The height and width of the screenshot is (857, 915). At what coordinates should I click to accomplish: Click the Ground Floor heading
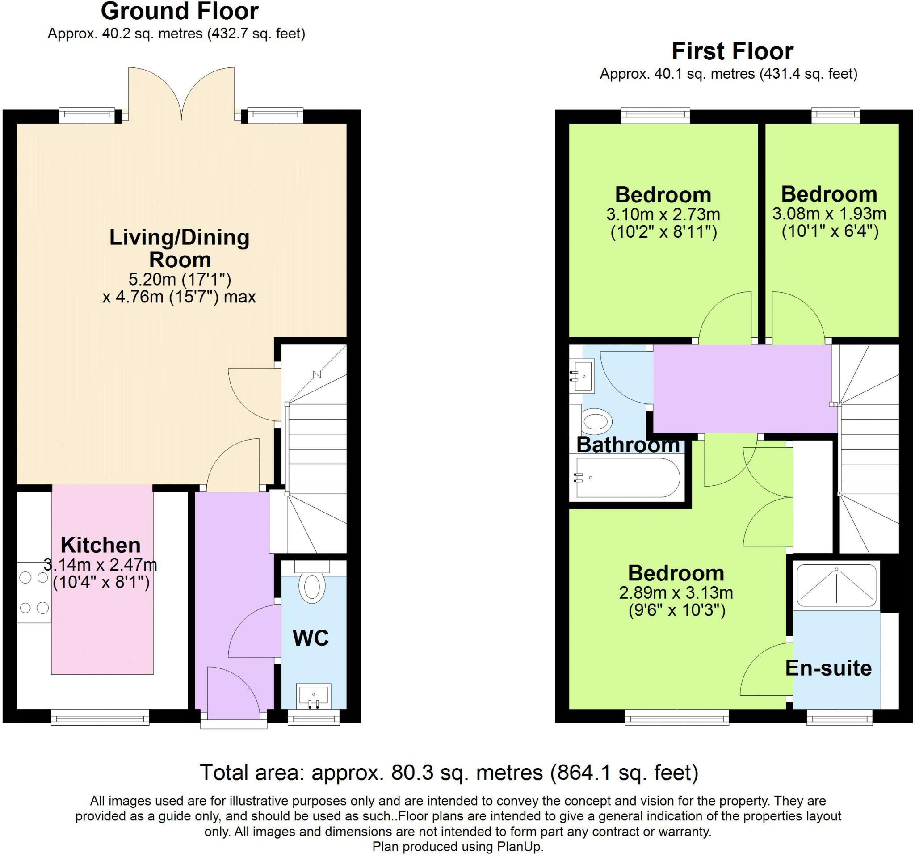point(180,12)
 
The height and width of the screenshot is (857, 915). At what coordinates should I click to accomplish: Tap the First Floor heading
point(732,51)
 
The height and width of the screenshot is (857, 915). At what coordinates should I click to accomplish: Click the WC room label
point(311,639)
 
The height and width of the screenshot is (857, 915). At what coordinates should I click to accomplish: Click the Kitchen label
point(101,545)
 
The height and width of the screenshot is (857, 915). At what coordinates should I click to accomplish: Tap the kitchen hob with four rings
point(34,593)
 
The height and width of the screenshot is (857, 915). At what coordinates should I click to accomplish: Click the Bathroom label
point(628,445)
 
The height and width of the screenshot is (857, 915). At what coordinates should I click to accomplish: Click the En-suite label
point(828,668)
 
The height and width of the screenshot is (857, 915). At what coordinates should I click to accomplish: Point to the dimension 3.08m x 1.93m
point(829,214)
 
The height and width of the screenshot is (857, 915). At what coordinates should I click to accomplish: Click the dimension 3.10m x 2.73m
point(663,214)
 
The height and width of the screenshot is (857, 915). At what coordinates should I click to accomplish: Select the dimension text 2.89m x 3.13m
point(676,593)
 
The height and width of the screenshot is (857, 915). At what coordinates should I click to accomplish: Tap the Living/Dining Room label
point(180,248)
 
